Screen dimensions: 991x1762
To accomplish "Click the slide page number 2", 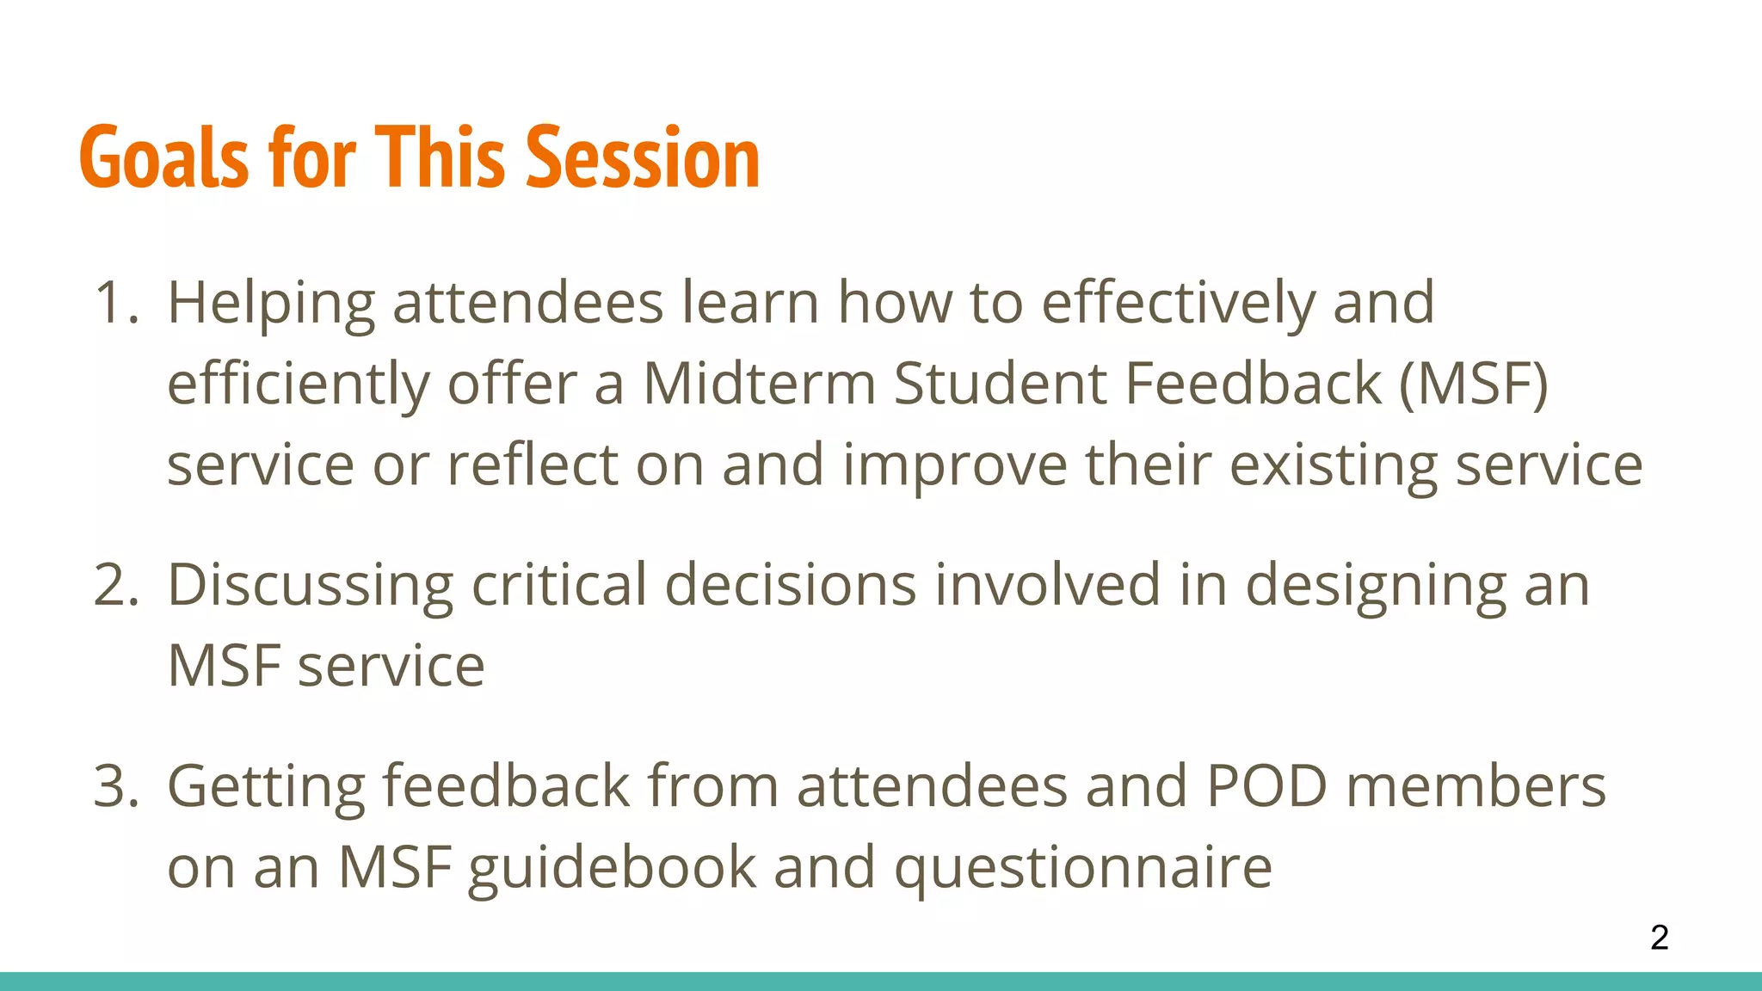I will [1660, 937].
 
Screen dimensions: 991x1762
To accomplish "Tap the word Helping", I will [270, 303].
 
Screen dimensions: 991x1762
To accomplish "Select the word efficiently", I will [298, 384].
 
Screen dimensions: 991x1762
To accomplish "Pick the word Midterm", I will [759, 384].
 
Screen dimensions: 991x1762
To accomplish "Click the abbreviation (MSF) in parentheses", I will [1473, 384].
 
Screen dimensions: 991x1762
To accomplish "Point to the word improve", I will [954, 465].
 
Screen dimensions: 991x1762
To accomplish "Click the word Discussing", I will [310, 585].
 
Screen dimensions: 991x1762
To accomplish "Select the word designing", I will [1376, 585].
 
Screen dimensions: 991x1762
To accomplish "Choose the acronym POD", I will [1266, 786].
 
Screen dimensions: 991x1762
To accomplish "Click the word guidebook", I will [612, 867].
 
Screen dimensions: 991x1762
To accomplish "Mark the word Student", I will [999, 384].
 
